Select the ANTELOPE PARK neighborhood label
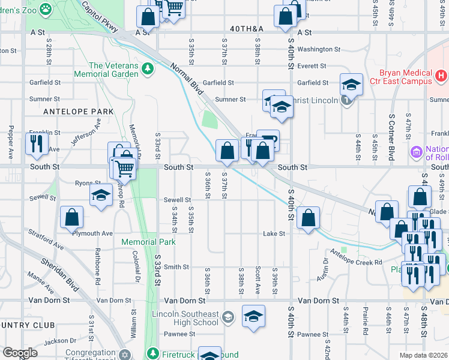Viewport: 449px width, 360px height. tap(70, 112)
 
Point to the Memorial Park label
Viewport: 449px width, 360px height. tap(148, 242)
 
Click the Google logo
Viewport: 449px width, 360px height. tap(20, 353)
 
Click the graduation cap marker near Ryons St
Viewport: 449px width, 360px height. tap(101, 195)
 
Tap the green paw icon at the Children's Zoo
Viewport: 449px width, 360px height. tap(46, 8)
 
